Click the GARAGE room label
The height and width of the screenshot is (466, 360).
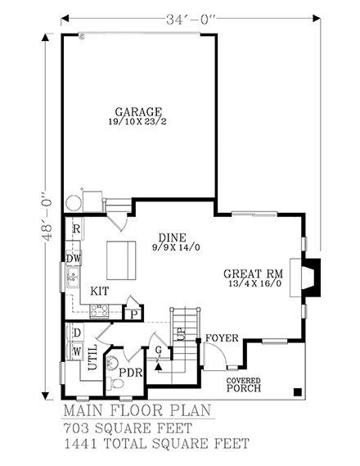138,113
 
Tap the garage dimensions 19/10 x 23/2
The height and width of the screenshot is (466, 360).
138,123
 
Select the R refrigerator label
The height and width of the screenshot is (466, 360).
75,228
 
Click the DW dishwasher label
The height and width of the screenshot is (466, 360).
73,258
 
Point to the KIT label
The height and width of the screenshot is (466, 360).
100,291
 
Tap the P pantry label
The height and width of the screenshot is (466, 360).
133,313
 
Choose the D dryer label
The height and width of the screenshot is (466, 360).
76,334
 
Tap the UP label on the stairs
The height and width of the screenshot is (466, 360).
182,336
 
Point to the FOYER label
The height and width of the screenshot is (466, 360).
222,337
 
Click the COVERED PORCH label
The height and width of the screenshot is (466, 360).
245,384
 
